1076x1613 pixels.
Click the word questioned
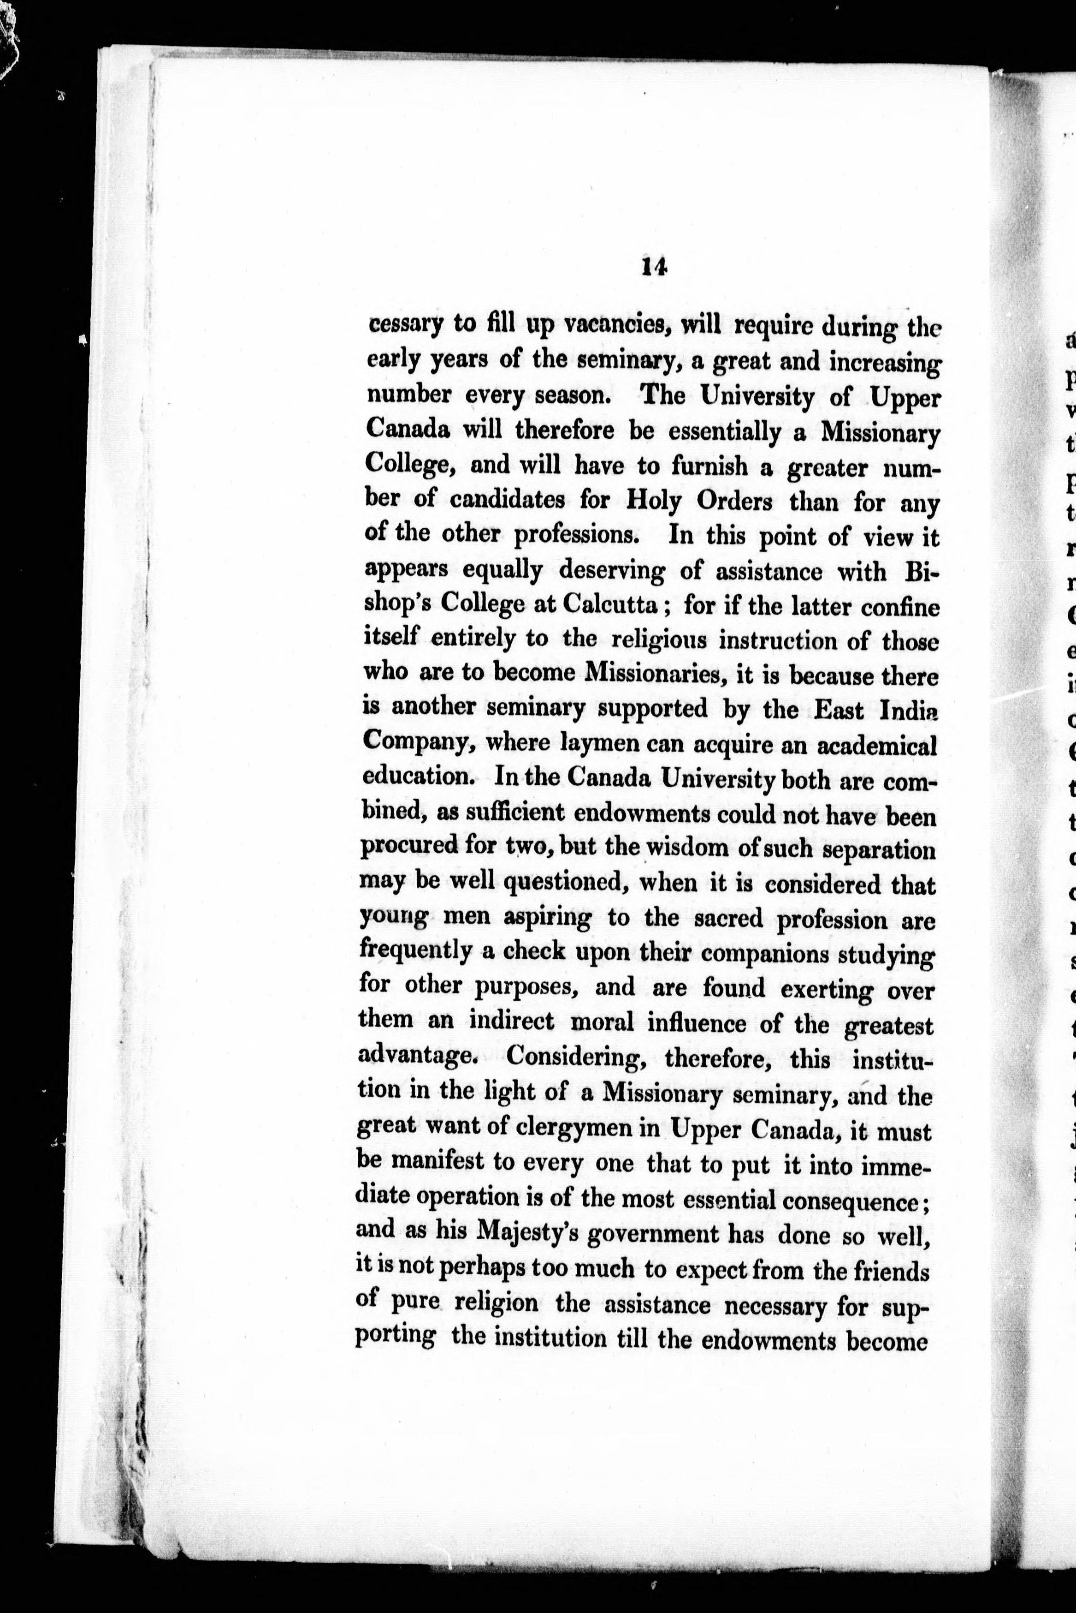566,883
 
